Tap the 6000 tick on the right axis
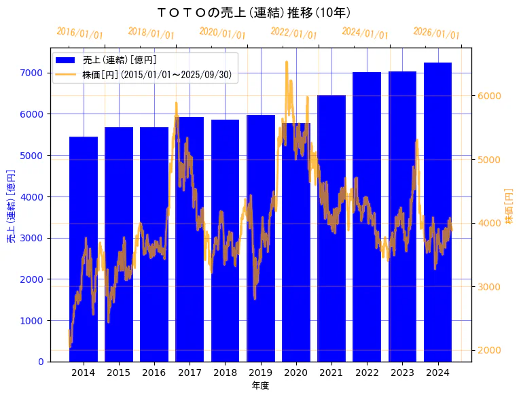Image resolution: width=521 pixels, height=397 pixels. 489,96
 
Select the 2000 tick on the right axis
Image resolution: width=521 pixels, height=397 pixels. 489,350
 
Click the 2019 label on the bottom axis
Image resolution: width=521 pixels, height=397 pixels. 261,373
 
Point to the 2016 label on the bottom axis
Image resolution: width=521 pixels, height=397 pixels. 154,373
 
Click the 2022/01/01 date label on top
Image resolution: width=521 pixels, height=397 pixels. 293,33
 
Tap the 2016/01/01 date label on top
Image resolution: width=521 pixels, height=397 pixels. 79,33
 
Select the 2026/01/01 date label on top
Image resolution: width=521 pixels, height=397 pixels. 436,33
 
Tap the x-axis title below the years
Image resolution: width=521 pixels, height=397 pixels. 260,385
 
